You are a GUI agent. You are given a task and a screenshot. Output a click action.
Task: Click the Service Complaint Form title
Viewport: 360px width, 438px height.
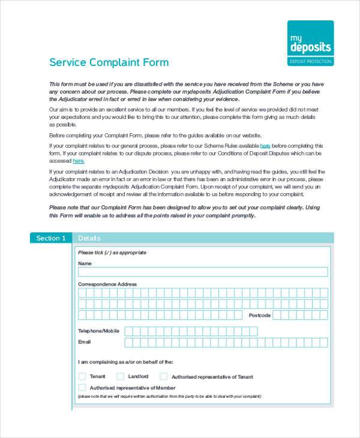(x=109, y=62)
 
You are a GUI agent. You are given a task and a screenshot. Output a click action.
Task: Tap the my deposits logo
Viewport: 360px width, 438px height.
(x=310, y=43)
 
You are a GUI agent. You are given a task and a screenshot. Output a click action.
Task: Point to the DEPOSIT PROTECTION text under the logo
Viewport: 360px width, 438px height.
(x=310, y=62)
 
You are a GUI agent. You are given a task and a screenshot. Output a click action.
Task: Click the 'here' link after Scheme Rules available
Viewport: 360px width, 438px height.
(x=265, y=146)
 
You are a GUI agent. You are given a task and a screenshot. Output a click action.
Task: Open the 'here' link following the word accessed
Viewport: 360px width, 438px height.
(x=79, y=161)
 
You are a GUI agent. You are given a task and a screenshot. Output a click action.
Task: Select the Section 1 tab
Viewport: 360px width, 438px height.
(x=50, y=238)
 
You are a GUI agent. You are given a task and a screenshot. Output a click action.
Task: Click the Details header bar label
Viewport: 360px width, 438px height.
(x=89, y=238)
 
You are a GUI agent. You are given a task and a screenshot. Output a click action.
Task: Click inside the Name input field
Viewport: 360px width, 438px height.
(x=203, y=272)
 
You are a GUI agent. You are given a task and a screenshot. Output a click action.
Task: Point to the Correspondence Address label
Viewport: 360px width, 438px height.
(x=107, y=284)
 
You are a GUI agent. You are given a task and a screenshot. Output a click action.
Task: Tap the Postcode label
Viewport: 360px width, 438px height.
(x=260, y=315)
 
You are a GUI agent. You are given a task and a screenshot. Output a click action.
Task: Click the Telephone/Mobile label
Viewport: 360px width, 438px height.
(x=98, y=331)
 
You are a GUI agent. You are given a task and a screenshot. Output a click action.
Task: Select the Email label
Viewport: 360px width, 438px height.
(x=85, y=342)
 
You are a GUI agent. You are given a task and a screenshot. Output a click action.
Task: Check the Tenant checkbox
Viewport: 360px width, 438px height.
(x=82, y=377)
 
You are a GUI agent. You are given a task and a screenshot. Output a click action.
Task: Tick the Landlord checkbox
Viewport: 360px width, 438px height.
(x=120, y=377)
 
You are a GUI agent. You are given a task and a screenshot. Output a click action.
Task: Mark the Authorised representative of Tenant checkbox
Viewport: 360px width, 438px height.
(x=163, y=377)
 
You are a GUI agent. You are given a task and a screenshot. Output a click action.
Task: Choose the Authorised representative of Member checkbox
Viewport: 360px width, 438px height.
(x=82, y=388)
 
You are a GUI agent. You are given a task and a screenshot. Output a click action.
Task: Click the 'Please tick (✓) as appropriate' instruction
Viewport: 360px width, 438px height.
(x=112, y=253)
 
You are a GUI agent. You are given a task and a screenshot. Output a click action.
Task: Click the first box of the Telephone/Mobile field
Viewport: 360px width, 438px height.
(x=128, y=331)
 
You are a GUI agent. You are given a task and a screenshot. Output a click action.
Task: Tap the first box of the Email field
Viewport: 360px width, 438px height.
(x=128, y=343)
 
